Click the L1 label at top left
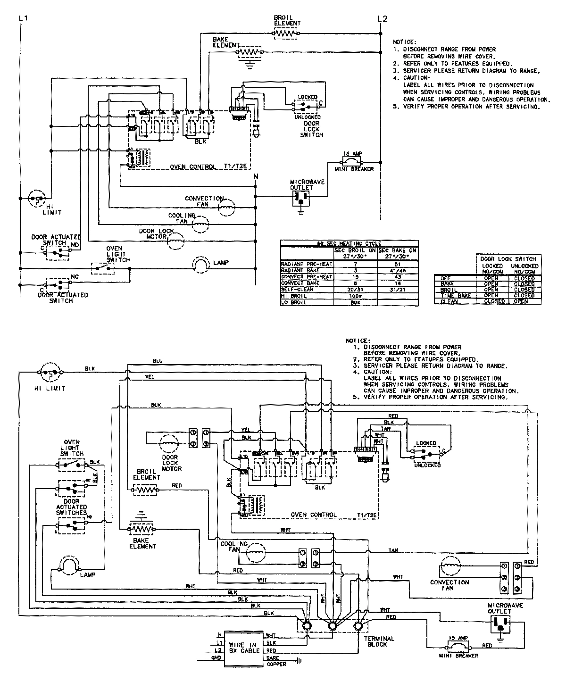click(x=23, y=19)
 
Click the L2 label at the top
click(x=383, y=19)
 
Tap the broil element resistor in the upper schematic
click(x=286, y=33)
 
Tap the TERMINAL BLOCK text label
click(x=379, y=641)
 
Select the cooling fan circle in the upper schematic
click(x=200, y=224)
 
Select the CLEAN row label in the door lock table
click(x=449, y=301)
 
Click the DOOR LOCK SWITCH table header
click(x=508, y=259)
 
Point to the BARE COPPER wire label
click(x=276, y=661)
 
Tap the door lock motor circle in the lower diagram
click(x=169, y=444)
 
